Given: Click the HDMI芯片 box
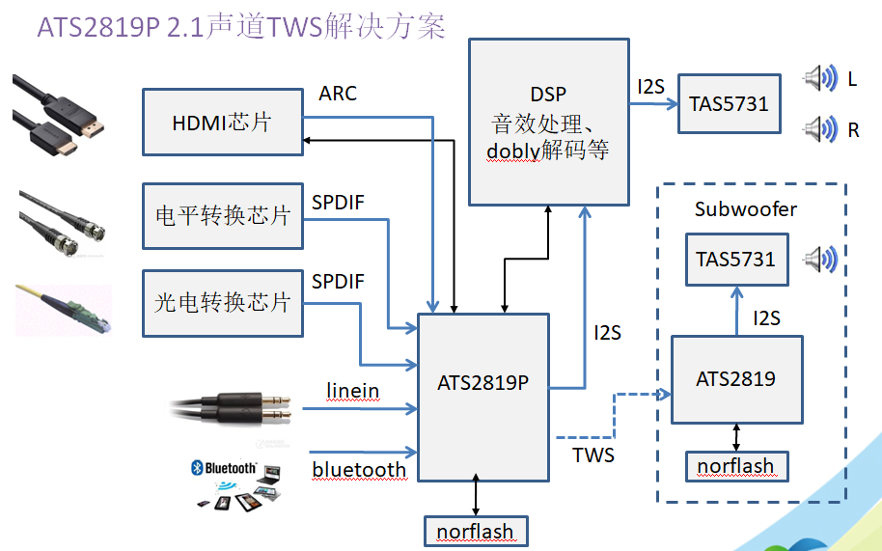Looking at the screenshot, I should point(222,123).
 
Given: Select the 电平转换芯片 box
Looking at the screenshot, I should point(222,215).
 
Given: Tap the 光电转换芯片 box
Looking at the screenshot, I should point(222,303).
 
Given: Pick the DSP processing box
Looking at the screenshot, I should point(548,123).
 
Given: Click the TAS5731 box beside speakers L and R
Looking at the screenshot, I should point(729,103).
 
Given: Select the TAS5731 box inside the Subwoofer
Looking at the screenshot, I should point(735,259).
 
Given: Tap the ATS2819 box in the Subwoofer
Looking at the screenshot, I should point(735,379).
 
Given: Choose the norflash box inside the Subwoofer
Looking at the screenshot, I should point(735,467).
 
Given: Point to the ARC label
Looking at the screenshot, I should point(338,94).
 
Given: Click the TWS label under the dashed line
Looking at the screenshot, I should point(593,454).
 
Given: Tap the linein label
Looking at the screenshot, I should point(352,391).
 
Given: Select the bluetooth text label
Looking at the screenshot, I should point(359,470).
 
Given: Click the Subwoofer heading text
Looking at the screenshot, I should point(746,209).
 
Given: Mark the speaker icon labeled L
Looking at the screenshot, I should point(819,78).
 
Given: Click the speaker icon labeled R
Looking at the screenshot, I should point(819,127).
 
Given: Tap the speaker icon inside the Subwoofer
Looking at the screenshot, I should point(820,259).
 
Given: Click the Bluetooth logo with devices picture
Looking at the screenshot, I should point(236,484).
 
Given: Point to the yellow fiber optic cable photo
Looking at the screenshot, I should point(64,309).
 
